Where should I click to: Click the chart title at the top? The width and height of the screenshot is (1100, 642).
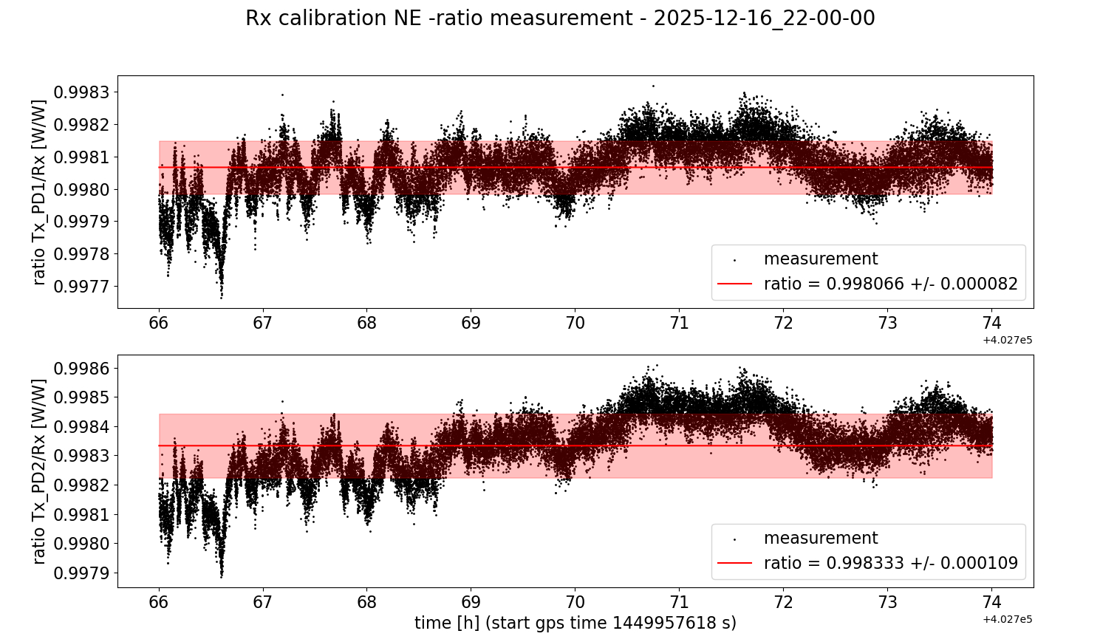point(560,18)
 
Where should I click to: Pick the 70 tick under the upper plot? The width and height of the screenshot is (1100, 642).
point(575,323)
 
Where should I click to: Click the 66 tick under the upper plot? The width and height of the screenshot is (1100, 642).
point(159,323)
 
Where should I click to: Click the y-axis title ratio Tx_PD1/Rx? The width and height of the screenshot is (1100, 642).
point(39,192)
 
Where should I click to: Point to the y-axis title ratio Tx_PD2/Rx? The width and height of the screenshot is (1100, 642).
point(39,471)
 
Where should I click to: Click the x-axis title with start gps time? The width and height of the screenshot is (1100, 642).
point(575,623)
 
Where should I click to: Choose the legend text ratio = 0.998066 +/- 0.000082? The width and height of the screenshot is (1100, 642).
point(890,284)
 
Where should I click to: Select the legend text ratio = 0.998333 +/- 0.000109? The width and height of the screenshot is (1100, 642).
point(890,563)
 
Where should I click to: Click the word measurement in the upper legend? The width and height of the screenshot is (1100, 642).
point(820,259)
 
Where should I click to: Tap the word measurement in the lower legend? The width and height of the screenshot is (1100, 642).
point(820,538)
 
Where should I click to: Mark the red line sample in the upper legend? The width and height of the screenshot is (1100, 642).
point(734,284)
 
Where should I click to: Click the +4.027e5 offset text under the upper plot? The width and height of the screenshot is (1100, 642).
point(1007,340)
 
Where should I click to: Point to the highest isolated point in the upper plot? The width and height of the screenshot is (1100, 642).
point(653,86)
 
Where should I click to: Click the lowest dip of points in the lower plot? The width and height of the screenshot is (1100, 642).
point(221,576)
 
